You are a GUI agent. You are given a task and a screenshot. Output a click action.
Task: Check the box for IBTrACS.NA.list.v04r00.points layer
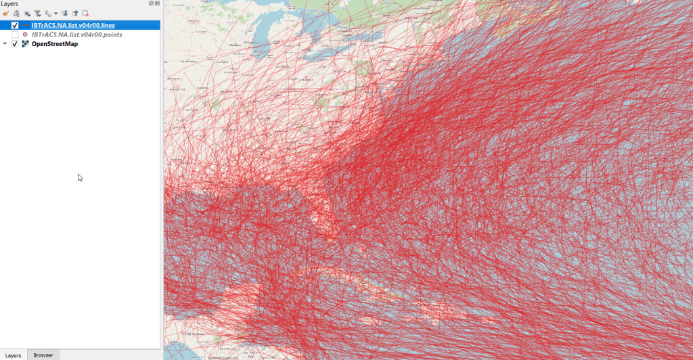coord(15,35)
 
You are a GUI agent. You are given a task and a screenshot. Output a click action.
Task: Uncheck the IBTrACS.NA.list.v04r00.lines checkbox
coord(15,26)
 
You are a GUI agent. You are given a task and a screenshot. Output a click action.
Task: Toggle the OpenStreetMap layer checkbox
coord(15,44)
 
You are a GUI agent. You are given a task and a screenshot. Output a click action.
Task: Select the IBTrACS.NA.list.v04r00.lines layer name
coord(72,26)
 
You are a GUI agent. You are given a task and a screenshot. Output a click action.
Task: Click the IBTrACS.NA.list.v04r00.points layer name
coord(76,35)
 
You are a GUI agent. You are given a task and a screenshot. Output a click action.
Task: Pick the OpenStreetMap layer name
coord(55,44)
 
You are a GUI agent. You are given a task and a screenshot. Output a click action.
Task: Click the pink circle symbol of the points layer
coord(25,35)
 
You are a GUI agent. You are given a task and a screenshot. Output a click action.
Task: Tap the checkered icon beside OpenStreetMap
coord(25,44)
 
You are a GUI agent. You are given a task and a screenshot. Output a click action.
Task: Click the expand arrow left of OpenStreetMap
coord(5,44)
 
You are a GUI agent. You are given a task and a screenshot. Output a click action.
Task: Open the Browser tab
coord(43,355)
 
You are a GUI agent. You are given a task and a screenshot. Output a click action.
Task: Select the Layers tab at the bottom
coord(14,355)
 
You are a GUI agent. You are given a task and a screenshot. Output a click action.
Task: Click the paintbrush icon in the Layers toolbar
coord(5,13)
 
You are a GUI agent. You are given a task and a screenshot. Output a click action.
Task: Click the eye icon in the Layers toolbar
coord(27,13)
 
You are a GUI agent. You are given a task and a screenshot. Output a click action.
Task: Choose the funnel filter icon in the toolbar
coord(37,13)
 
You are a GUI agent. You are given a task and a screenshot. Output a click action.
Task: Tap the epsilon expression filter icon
coord(47,13)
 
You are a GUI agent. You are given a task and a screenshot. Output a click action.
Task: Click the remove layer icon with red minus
coord(85,13)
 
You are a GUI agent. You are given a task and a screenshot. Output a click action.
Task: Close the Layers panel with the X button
coord(158,3)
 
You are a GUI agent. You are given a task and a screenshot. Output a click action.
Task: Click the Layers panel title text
coord(9,4)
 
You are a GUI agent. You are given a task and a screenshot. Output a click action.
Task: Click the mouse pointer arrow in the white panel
coord(80,178)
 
